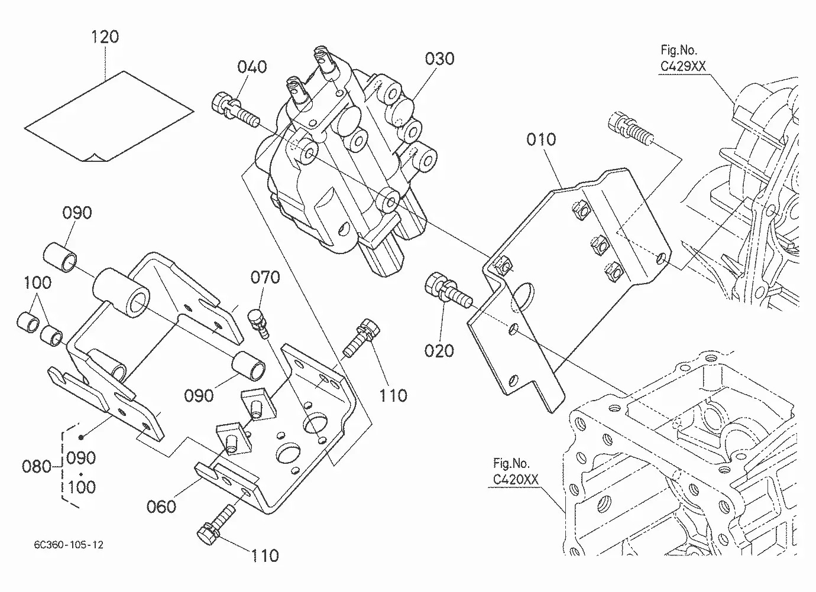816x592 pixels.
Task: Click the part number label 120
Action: tap(105, 37)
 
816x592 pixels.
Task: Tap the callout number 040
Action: tap(252, 67)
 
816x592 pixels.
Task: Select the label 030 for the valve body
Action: tap(440, 59)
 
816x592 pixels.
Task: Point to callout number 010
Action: tap(541, 140)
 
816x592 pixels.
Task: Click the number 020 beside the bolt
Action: tap(439, 351)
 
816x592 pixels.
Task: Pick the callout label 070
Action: tap(265, 278)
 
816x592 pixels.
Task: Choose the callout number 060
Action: tap(161, 507)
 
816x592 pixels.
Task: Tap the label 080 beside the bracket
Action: tap(37, 466)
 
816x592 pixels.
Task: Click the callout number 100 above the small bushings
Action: tap(37, 283)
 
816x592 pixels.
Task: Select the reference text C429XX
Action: tap(683, 66)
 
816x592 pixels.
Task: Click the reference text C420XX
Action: tap(516, 480)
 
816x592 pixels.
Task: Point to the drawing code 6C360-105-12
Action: tap(69, 545)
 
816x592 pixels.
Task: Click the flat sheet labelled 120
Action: tap(109, 116)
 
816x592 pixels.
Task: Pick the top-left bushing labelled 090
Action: tap(60, 258)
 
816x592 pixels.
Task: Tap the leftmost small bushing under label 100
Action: tap(28, 322)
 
